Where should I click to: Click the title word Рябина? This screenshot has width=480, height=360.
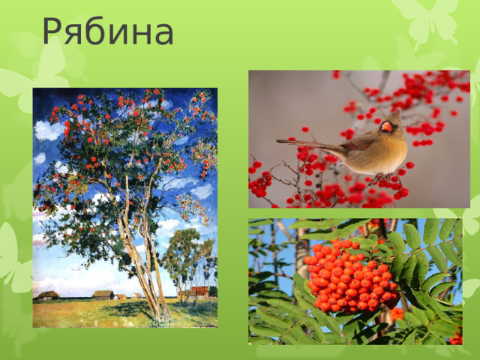[x=108, y=31]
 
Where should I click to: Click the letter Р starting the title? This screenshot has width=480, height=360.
[x=54, y=31]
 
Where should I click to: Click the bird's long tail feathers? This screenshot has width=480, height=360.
[x=300, y=142]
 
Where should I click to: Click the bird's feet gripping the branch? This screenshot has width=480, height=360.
[x=381, y=177]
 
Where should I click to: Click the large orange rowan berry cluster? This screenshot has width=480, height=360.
[x=349, y=275]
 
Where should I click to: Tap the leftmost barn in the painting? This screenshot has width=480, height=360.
[x=47, y=295]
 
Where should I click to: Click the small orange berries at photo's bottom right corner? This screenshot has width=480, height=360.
[x=455, y=337]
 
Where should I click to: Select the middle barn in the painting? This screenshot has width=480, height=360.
[x=103, y=295]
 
